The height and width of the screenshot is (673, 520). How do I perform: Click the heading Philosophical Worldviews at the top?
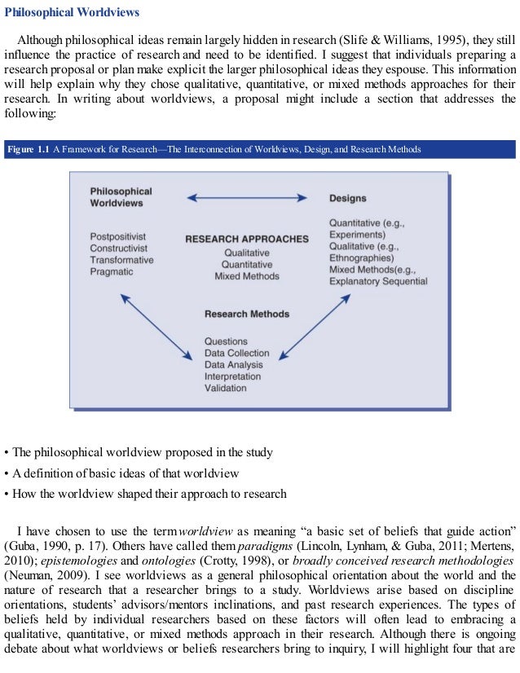coord(73,13)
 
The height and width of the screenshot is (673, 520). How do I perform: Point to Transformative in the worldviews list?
coord(121,260)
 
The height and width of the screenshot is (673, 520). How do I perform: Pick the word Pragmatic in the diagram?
coord(112,271)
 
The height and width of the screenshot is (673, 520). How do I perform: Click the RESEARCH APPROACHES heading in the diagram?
coord(247,240)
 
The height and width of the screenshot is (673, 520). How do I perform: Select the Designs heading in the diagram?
coord(347,198)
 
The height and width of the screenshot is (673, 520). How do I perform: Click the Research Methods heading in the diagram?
coord(247,314)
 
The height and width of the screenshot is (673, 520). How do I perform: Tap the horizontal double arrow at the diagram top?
coord(247,197)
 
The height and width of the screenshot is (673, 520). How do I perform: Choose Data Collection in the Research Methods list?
coord(236,354)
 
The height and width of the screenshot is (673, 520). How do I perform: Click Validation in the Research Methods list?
coord(225,389)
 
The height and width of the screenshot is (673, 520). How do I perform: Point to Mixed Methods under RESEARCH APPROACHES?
coord(247,276)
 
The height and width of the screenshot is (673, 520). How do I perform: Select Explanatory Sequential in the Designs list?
coord(378,282)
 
